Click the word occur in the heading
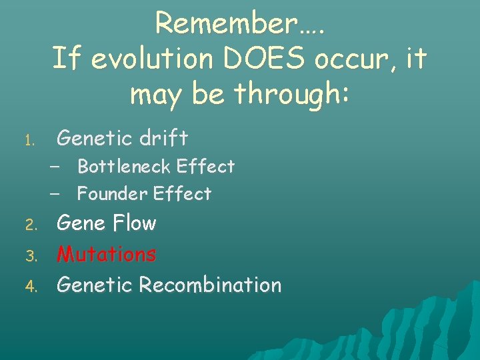(x=350, y=59)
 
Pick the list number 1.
(x=29, y=141)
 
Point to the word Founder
(x=112, y=194)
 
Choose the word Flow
(x=133, y=223)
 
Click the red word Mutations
(x=107, y=254)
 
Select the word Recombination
(x=210, y=285)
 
